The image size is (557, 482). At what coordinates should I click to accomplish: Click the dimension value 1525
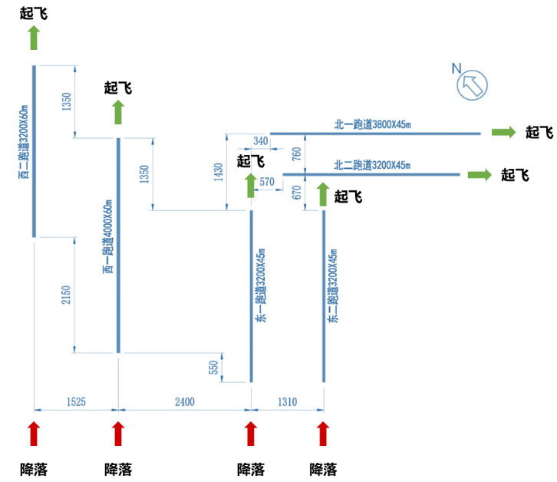click(75, 401)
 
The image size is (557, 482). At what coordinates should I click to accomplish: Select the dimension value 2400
click(184, 401)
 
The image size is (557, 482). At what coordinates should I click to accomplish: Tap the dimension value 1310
click(288, 401)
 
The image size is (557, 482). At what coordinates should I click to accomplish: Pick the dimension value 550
click(214, 368)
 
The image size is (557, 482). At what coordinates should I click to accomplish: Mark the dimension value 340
click(260, 140)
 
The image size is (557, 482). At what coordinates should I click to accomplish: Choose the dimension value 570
click(267, 182)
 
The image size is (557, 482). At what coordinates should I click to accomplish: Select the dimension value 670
click(297, 193)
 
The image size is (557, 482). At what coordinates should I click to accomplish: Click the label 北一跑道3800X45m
click(372, 124)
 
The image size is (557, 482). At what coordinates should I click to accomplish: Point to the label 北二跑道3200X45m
click(372, 165)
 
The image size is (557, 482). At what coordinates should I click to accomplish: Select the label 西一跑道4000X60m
click(107, 234)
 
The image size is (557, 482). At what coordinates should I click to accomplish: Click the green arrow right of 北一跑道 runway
click(504, 133)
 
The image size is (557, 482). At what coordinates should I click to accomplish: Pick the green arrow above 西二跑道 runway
click(33, 37)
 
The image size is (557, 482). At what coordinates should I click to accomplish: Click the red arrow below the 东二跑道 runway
click(323, 434)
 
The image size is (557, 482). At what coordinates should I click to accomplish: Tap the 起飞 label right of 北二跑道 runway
click(515, 175)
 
